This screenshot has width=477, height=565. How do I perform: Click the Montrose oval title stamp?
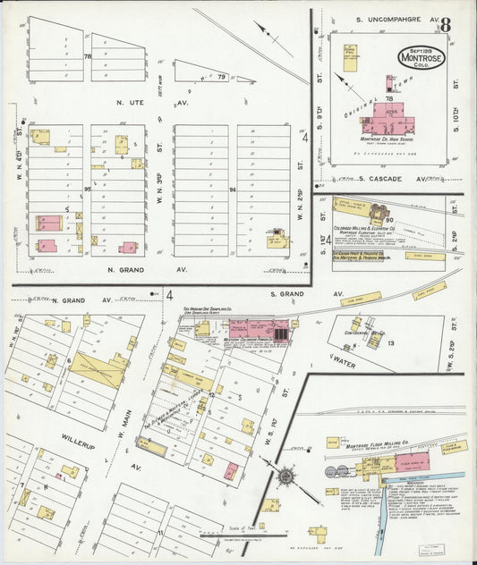click(x=422, y=58)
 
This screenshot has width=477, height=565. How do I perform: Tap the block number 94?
click(x=232, y=190)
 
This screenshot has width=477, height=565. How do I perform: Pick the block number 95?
click(x=87, y=189)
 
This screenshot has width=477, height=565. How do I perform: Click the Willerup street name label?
click(x=78, y=440)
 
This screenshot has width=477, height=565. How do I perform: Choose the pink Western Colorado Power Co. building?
click(x=267, y=330)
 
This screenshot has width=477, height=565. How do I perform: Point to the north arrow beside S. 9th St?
click(x=345, y=85)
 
